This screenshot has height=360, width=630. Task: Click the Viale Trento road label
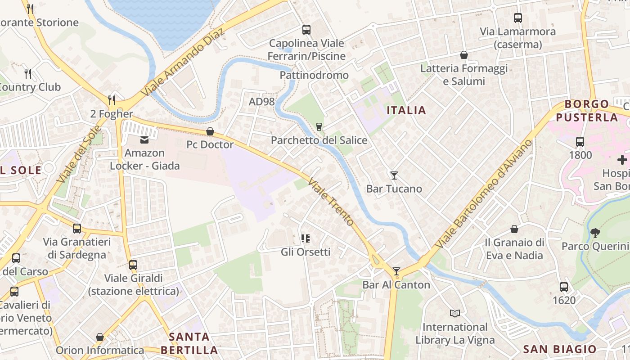[331, 202]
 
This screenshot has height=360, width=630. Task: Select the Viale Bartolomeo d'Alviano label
[484, 194]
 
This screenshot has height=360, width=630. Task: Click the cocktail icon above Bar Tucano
[394, 175]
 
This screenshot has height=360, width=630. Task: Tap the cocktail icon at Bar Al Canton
[396, 271]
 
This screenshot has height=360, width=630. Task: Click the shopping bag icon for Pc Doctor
[210, 131]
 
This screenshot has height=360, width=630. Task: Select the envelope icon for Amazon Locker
[144, 140]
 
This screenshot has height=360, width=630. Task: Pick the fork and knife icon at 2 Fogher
[112, 100]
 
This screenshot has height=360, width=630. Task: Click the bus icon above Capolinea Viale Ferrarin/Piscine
[306, 30]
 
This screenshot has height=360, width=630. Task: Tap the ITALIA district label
[406, 110]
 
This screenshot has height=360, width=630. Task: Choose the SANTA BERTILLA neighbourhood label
[189, 343]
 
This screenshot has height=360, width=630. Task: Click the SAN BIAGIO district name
[560, 349]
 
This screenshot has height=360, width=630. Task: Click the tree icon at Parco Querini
[595, 233]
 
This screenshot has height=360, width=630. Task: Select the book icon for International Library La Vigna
[455, 313]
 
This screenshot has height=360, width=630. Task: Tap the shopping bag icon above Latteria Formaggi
[464, 55]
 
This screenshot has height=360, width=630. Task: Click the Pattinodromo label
[314, 75]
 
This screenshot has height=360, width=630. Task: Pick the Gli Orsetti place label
[306, 252]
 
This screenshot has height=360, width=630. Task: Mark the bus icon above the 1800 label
[580, 142]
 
